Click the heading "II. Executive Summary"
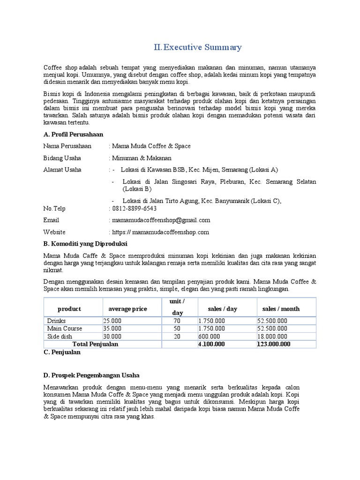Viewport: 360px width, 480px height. pos(198,47)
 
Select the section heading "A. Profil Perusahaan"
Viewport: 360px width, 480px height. pos(73,135)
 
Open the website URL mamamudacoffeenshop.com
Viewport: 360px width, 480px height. pos(160,232)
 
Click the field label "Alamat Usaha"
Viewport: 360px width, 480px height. pos(62,170)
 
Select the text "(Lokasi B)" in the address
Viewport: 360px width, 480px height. pos(137,189)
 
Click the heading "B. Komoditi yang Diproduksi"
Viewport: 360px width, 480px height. pos(85,244)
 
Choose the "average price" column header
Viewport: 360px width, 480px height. pos(127,309)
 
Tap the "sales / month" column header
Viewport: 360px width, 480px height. pos(281,309)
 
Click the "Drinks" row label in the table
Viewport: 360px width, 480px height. pos(56,321)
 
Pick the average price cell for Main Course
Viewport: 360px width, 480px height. pos(112,329)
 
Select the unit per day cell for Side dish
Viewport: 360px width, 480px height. pos(177,337)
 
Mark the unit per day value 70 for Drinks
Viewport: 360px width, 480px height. pos(177,321)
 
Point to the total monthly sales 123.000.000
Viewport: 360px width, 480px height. pos(274,344)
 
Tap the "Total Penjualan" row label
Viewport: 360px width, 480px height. pos(95,344)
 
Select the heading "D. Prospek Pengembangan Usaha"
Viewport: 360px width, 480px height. pos(91,375)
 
